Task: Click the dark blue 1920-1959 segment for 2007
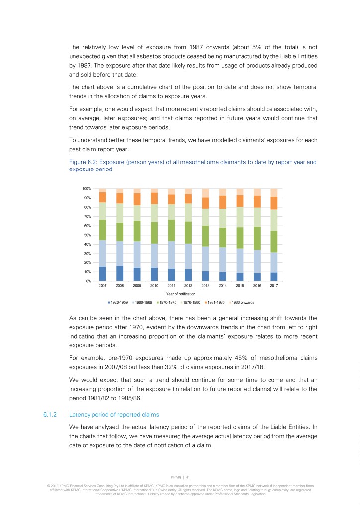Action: coord(103,274)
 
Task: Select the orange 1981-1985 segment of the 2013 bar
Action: coord(205,203)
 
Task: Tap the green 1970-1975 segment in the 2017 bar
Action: coord(274,241)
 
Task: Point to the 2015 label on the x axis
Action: coord(240,286)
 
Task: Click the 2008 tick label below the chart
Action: coord(120,286)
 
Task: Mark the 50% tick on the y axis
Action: coord(87,235)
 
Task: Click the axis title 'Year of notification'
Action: coord(188,294)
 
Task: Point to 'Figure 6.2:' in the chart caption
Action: coord(83,162)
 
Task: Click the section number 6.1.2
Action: coord(51,414)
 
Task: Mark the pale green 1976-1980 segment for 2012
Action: coord(188,212)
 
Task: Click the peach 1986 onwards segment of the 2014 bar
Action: coord(222,192)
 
